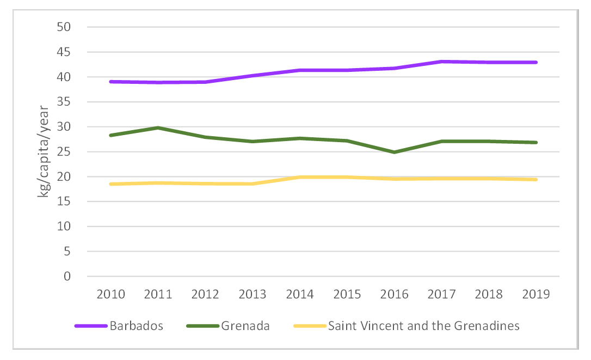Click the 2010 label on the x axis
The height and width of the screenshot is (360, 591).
coord(110,294)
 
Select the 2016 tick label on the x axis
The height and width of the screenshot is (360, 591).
coord(394,294)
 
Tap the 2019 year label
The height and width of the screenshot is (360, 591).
coord(536,294)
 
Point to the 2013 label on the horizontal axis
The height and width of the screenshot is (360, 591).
coord(253,294)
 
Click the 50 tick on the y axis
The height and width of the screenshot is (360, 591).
coord(64,27)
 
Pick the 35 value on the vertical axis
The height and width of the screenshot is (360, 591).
coord(64,102)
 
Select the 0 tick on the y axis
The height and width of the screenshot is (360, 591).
coord(67,276)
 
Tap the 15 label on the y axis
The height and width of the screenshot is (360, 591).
coord(64,202)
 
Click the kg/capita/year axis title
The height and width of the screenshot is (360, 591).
coord(44,151)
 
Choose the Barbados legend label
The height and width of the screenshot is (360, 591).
coord(136,326)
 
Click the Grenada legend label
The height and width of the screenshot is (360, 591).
coord(245,326)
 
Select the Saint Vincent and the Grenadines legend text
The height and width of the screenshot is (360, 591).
coord(423,326)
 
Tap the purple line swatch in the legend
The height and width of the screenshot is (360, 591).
coord(91,326)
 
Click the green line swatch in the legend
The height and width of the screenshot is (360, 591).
coord(202,326)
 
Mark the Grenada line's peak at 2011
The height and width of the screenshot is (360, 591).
coord(158,128)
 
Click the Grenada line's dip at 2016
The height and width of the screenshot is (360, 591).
coord(394,152)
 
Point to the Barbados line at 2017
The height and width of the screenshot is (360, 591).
coord(441,62)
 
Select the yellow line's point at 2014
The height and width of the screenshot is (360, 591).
coord(300,177)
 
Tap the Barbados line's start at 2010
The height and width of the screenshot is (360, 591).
coord(110,82)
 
